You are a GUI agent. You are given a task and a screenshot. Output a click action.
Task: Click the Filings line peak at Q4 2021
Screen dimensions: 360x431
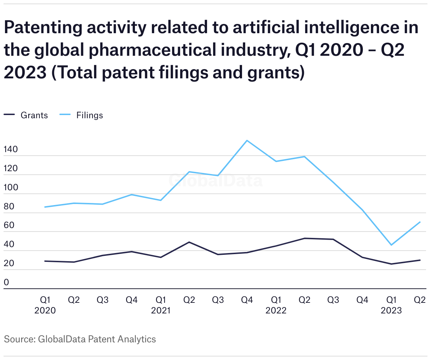(247, 140)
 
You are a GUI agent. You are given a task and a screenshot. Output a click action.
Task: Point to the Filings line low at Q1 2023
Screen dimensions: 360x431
(391, 245)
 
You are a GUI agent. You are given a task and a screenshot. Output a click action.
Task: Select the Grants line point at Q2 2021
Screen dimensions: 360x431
(189, 242)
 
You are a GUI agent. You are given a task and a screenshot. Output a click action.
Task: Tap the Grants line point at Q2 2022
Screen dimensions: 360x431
(305, 238)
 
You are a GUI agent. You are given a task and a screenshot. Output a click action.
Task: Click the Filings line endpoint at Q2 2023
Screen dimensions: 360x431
(420, 222)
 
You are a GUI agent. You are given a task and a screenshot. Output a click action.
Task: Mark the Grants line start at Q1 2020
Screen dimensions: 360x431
(45, 261)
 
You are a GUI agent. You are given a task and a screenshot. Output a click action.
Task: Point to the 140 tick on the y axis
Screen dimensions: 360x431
(11, 150)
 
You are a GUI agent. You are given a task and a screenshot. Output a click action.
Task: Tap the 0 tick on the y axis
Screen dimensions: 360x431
(6, 283)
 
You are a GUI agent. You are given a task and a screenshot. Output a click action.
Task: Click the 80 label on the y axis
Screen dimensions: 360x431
(9, 206)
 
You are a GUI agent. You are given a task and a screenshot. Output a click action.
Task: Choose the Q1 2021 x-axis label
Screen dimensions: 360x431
(161, 305)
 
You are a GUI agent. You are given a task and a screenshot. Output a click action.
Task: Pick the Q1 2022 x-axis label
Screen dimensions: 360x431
(276, 305)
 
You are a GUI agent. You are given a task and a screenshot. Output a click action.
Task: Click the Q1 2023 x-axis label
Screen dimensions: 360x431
(391, 305)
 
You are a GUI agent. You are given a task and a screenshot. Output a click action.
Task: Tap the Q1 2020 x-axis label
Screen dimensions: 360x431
(45, 305)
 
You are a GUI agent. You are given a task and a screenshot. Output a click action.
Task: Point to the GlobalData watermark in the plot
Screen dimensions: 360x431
(215, 181)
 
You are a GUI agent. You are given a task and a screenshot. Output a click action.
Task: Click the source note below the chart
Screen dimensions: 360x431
(80, 340)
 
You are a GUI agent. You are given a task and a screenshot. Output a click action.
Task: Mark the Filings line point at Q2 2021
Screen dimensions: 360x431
(189, 172)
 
